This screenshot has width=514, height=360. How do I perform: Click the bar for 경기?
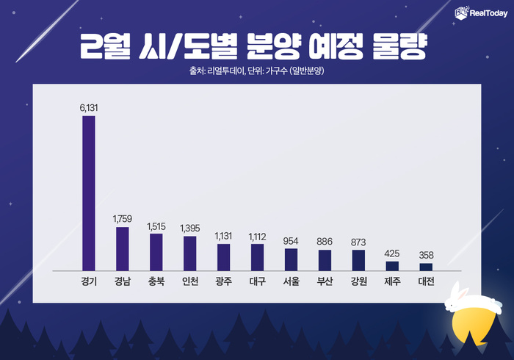pos(89,193)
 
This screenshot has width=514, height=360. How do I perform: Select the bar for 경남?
pos(123,249)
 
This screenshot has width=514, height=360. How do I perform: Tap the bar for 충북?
pos(156,252)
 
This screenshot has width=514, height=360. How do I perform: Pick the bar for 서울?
pos(291,260)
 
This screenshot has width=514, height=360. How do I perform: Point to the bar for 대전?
pos(426,267)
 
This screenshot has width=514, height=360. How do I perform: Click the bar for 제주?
pos(392,266)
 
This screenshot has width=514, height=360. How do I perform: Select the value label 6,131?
pos(89,108)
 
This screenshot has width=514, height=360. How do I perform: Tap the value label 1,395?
pos(189,228)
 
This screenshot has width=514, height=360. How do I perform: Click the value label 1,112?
pos(257,236)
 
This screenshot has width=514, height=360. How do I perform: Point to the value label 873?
pos(358,242)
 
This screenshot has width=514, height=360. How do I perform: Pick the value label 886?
pos(325,242)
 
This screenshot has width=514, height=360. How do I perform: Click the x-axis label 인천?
pos(189,281)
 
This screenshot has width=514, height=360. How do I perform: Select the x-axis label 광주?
pos(223,281)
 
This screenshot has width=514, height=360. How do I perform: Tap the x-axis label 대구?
pos(257,281)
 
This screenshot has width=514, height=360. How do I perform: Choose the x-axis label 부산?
pos(325,281)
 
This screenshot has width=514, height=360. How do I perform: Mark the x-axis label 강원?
pos(358,281)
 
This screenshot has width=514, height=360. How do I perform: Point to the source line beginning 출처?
pos(257,71)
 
